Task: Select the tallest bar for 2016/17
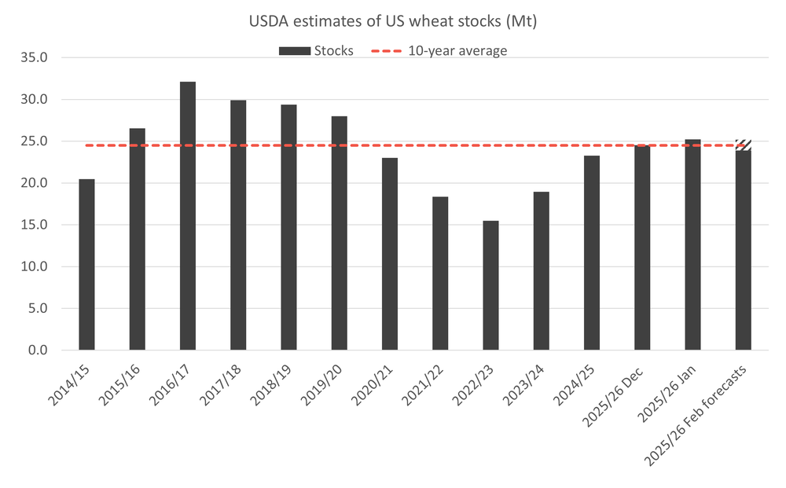(188, 216)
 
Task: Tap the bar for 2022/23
(490, 285)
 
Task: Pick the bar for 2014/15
(86, 265)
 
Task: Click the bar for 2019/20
(339, 233)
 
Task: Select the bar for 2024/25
(592, 253)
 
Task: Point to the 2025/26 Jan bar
(692, 245)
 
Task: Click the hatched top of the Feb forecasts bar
(743, 145)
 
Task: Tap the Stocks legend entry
(316, 51)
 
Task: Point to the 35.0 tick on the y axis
(35, 58)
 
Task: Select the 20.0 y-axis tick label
(35, 183)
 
